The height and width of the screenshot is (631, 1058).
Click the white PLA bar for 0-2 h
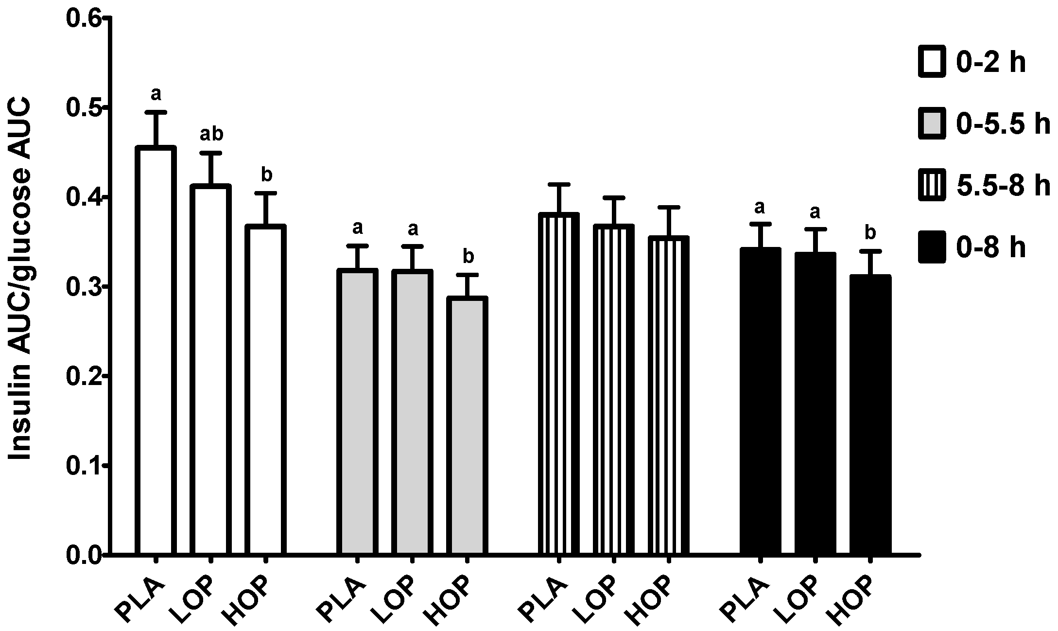(156, 350)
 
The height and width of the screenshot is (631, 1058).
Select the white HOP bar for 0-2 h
(265, 389)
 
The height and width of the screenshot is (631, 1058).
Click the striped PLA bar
(558, 384)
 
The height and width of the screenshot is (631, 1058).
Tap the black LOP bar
(815, 403)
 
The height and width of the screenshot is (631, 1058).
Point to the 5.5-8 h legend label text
(1004, 186)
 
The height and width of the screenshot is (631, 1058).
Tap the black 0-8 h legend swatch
(932, 247)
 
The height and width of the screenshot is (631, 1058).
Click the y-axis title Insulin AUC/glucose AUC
(20, 280)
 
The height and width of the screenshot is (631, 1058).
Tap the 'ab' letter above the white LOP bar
(211, 135)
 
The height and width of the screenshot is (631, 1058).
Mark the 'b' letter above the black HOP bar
(870, 233)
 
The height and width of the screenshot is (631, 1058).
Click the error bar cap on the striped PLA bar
(558, 184)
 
